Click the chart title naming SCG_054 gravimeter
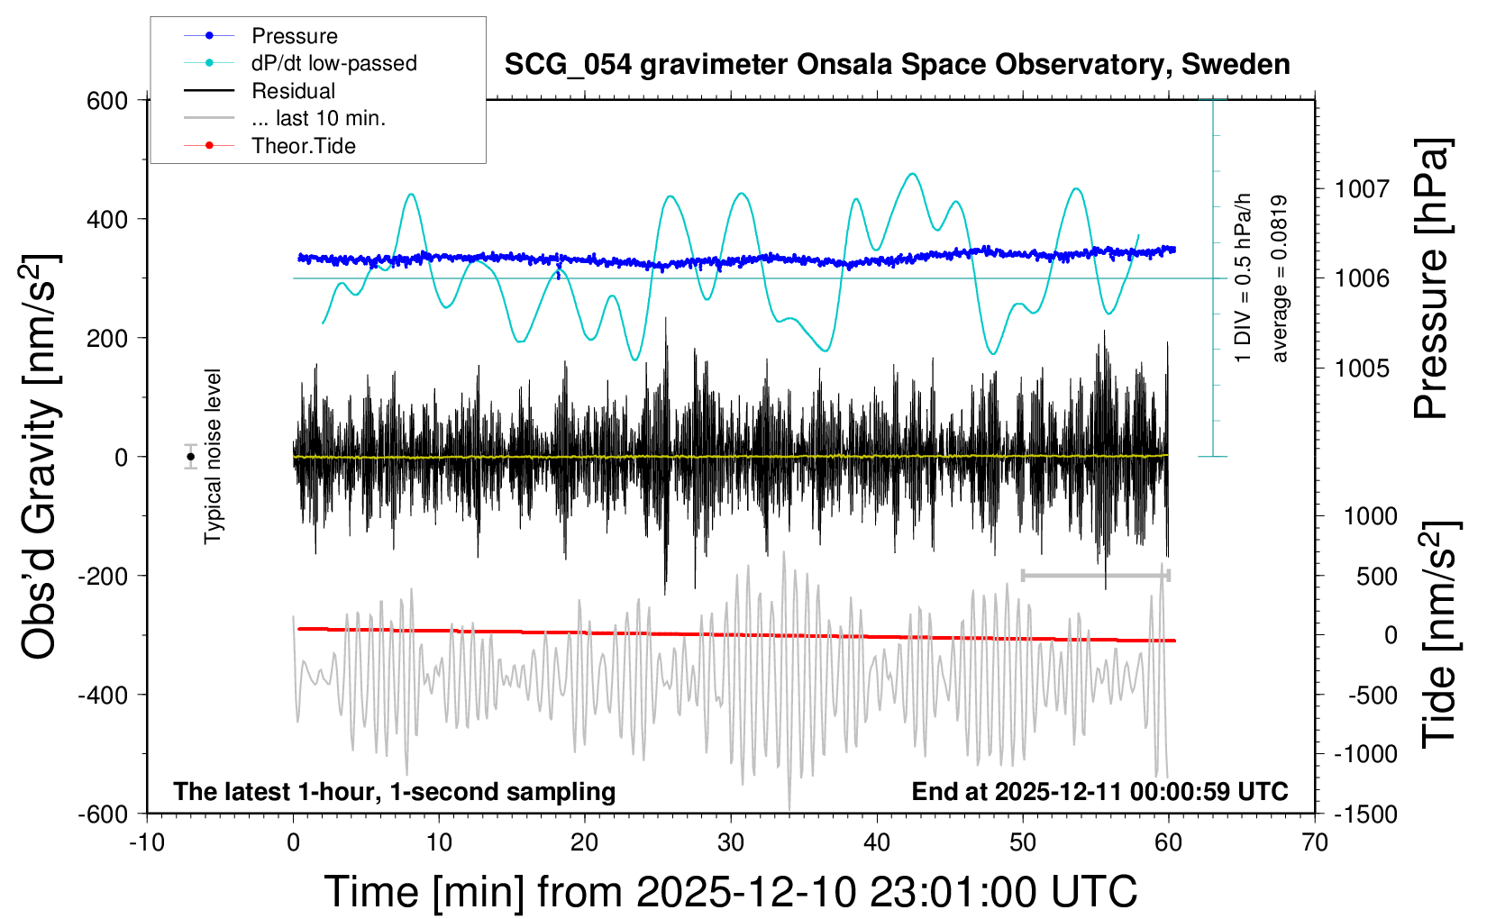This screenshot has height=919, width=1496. coord(897,65)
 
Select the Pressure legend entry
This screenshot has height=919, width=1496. coord(294,36)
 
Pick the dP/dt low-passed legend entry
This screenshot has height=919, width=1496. coord(333,63)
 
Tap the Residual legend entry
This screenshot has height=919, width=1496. coord(293,91)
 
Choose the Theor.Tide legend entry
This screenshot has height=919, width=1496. coord(303,146)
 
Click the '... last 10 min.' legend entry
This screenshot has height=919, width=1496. coord(318,118)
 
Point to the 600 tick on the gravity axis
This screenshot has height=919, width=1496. coord(107,101)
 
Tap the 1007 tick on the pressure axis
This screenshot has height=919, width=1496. coord(1362,189)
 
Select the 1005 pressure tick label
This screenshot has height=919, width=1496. coord(1362,369)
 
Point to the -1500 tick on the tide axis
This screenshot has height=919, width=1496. coord(1364,814)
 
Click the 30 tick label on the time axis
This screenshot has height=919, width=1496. coord(731,843)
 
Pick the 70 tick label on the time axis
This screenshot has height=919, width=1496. coord(1315,843)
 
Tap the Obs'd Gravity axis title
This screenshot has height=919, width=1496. coord(41,457)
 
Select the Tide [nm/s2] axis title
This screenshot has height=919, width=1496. coord(1439,634)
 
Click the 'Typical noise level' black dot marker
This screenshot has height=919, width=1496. coord(191,457)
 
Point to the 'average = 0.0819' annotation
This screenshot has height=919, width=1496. coord(1280,279)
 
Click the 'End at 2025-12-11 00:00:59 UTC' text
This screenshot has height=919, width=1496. coord(1099,792)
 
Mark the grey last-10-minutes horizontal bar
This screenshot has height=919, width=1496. coord(1095,575)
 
